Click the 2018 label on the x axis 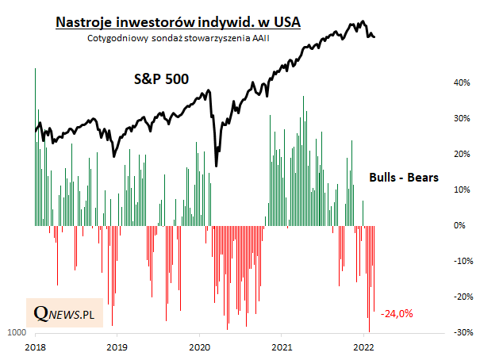(35, 347)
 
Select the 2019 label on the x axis (117, 347)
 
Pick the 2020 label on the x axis (200, 347)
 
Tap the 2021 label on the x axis (282, 347)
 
